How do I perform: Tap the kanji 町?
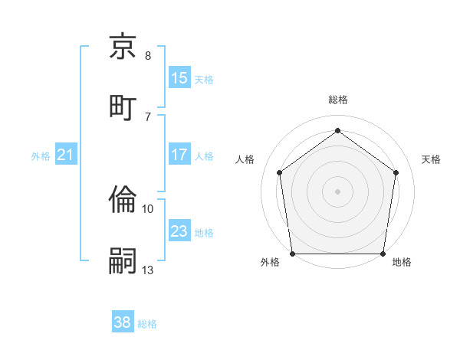coord(123,105)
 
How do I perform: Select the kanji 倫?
coord(123,201)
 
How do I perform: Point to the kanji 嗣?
coord(123,260)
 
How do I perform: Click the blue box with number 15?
coord(179,77)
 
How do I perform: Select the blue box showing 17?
coord(179,155)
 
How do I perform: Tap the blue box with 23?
coord(179,231)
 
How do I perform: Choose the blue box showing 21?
coord(66,155)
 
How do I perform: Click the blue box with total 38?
coord(123,322)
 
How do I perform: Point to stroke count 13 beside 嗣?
coord(148,270)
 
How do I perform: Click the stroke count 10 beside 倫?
coord(148,208)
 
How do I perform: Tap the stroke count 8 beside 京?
coord(148,55)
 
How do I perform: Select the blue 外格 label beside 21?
coord(41,155)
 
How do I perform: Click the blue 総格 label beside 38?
coord(147,324)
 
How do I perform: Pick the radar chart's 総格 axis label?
coord(337,100)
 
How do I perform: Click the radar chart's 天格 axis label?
coord(431,159)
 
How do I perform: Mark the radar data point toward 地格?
coord(383,254)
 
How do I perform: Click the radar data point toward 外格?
coord(292,254)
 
